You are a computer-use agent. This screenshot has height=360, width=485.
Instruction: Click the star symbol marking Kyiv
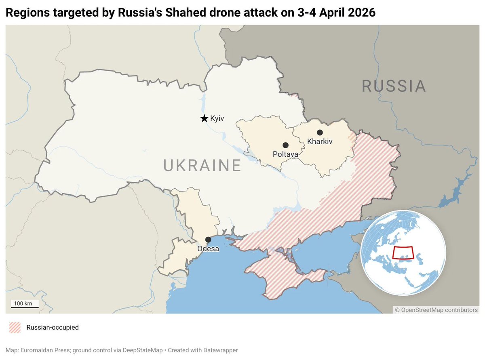(204, 118)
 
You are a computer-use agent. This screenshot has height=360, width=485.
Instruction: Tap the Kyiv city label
(217, 118)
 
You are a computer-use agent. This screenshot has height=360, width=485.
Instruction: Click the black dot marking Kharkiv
(320, 133)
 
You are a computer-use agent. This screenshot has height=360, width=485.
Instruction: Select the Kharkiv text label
(320, 142)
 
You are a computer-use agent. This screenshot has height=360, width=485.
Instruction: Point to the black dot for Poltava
(285, 145)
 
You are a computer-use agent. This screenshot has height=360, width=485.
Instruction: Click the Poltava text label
(285, 154)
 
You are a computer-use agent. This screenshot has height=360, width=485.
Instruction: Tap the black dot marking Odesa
(208, 240)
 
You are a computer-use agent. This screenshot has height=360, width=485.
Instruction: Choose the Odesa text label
(208, 249)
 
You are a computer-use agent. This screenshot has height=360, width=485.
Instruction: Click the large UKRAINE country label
(202, 166)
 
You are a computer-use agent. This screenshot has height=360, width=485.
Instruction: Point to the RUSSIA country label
(394, 86)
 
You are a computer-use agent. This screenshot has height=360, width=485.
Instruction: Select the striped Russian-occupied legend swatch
(15, 327)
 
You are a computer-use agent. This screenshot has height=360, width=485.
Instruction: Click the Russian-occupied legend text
(53, 327)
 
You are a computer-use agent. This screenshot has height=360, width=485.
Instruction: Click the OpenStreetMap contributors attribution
(436, 310)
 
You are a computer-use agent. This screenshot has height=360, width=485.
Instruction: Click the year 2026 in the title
(362, 13)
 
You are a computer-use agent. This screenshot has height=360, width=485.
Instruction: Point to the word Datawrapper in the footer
(224, 350)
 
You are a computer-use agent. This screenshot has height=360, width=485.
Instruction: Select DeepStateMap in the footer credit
(145, 350)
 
